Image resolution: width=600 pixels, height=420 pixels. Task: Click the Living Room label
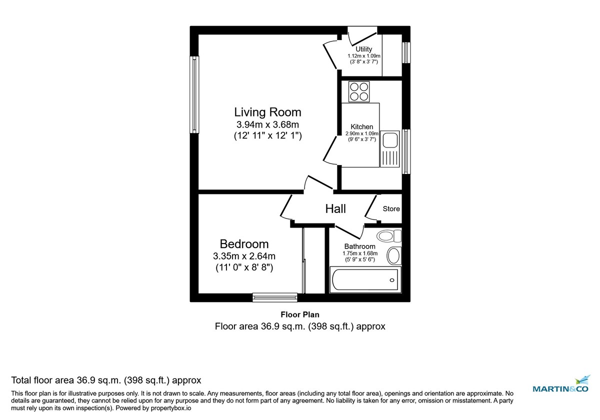pos(268,111)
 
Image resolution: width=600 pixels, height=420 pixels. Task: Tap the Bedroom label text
pos(244,244)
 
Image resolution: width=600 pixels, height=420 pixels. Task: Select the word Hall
pos(335,209)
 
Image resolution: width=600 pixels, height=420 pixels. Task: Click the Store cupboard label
pos(391,209)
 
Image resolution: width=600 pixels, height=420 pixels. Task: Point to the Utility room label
pos(363,49)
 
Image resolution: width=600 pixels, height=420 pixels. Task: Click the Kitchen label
pos(361,127)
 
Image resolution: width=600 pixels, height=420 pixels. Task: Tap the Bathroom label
pos(359,246)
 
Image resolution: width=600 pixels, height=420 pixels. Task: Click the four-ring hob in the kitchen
pos(359,91)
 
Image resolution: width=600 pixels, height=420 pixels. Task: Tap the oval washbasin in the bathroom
pos(394,255)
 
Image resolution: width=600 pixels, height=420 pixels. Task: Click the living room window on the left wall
pos(194,94)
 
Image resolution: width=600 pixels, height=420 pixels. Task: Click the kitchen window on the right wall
pos(406,151)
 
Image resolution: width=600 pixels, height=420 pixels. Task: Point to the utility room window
pos(406,52)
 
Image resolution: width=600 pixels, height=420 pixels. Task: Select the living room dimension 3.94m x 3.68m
pos(267,124)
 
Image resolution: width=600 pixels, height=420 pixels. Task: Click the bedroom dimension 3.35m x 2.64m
pos(244,256)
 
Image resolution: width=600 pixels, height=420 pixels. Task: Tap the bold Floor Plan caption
pos(300,314)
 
